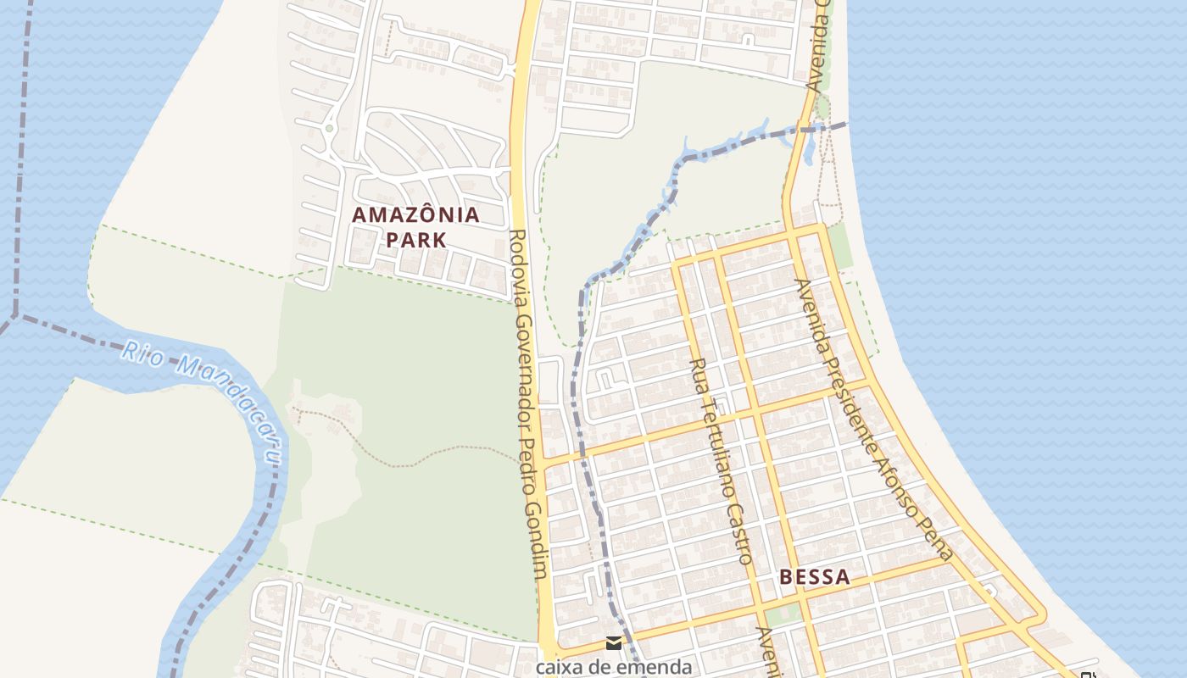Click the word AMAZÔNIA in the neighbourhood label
[415, 215]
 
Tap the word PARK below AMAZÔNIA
[415, 240]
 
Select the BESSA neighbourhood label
[814, 578]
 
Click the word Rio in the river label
[141, 352]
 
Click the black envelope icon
[614, 642]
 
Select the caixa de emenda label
[614, 666]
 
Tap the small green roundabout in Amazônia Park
[329, 128]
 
